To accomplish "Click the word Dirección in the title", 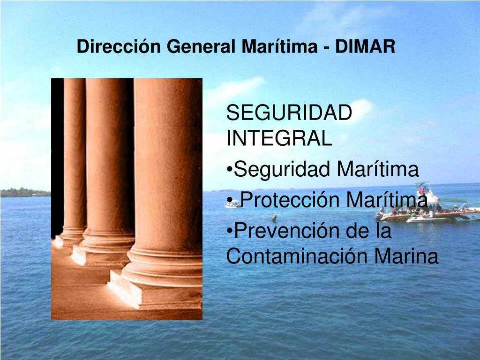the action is (119, 46).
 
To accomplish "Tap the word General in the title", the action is (201, 46).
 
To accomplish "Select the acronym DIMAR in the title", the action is (365, 46).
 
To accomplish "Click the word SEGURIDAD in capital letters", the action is (289, 112).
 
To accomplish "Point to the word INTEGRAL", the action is (279, 138).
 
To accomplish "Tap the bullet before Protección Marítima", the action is (229, 200).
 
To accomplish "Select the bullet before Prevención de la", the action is (229, 231).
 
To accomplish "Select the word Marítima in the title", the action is (279, 46).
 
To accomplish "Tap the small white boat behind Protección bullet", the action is (232, 204).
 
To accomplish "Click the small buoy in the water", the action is (274, 218).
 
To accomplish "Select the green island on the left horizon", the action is (25, 193).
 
